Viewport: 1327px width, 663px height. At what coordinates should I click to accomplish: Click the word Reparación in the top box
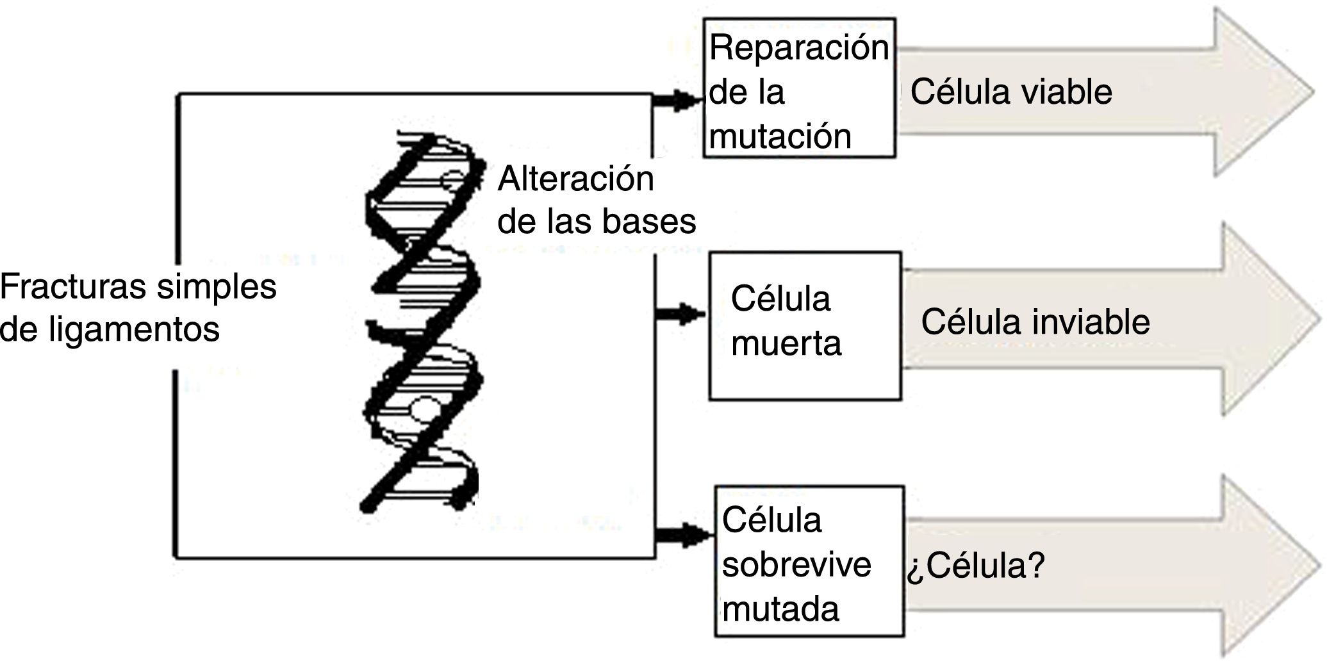pos(798,49)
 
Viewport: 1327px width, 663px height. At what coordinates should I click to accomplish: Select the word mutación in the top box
pos(780,137)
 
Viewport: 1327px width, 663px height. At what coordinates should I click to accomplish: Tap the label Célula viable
pos(1011,92)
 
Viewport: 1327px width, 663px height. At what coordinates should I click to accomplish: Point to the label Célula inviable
pos(1035,322)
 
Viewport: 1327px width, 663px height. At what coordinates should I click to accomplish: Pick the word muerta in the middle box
pos(786,343)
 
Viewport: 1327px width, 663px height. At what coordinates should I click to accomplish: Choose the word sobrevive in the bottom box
pos(796,565)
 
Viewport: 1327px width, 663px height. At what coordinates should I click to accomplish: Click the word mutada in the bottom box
pos(780,609)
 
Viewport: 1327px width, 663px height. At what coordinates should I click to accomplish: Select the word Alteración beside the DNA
pos(576,179)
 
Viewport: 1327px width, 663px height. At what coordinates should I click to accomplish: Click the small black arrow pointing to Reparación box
pos(679,100)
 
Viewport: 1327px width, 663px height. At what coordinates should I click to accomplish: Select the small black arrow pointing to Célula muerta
pos(682,315)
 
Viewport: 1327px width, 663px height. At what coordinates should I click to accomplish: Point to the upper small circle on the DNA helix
pos(453,179)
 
